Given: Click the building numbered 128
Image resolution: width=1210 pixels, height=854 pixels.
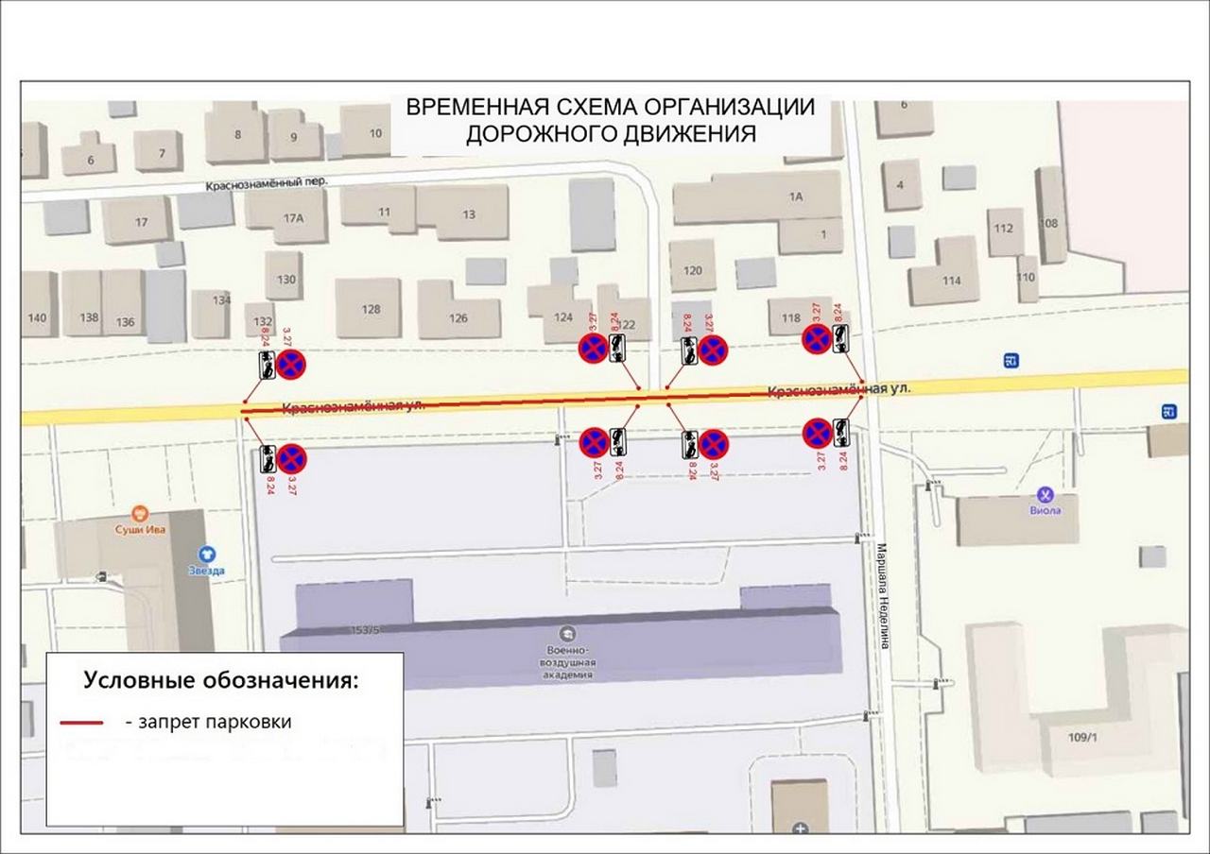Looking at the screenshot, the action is pos(371,309).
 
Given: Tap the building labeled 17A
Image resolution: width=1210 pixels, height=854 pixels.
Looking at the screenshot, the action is pos(292,217).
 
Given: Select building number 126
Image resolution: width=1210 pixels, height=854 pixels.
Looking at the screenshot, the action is pos(458,317).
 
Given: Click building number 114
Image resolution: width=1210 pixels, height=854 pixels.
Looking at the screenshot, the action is pos(951,280).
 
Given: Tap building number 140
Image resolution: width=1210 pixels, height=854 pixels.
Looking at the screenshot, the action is pos(37,317).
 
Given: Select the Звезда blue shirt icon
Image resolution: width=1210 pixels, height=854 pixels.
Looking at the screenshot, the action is pos(205,555).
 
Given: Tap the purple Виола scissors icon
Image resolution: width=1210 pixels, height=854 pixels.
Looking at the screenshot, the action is pos(1046,494).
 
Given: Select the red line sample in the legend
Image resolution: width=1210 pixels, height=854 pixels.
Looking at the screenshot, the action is pos(81,723).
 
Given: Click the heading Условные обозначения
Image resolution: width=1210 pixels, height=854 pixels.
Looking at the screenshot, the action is pos(221,680).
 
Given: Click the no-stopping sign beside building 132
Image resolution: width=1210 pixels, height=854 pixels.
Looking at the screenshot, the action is pos(292,363).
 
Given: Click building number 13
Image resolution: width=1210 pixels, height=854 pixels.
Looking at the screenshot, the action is pos(469,214).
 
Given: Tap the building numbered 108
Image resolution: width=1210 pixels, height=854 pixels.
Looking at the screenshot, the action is pos(1048,224).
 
